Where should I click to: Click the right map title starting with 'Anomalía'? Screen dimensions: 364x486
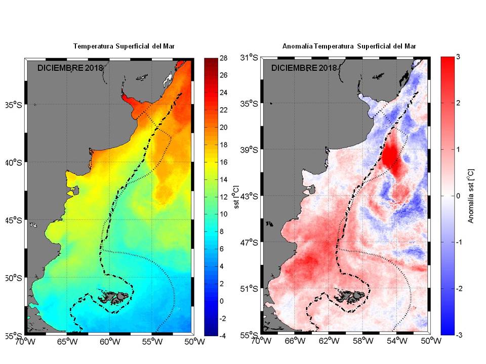(349, 47)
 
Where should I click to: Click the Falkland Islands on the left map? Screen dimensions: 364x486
(112, 298)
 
